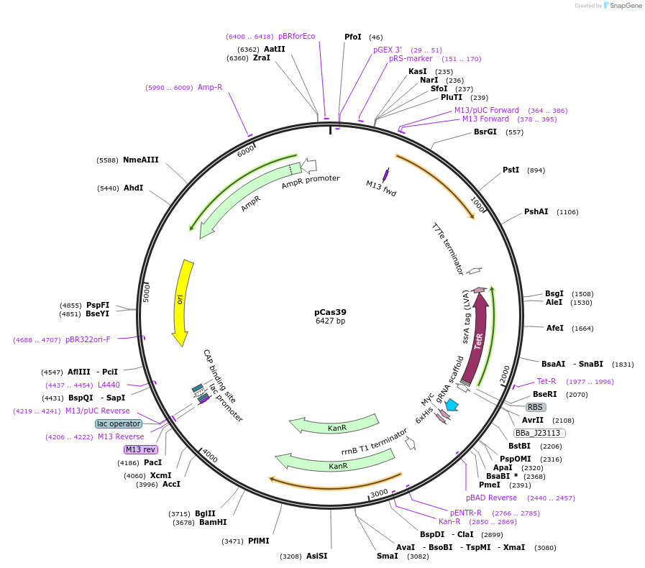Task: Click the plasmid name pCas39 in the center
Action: [x=330, y=312]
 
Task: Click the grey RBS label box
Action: [x=536, y=407]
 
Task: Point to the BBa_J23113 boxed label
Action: [x=539, y=433]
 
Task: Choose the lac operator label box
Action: [x=119, y=423]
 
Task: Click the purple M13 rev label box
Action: [x=140, y=449]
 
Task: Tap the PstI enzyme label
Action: [x=511, y=170]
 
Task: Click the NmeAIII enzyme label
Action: [x=140, y=160]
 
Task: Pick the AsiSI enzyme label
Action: [x=316, y=556]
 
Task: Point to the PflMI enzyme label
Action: [x=258, y=541]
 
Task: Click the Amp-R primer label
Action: [x=210, y=87]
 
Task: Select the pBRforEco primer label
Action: [x=296, y=36]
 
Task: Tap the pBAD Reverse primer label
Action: [x=491, y=498]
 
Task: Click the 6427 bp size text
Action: [x=330, y=321]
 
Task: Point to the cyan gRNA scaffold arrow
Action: [x=452, y=406]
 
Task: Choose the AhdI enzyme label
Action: [x=133, y=188]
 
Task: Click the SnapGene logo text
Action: [x=623, y=5]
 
